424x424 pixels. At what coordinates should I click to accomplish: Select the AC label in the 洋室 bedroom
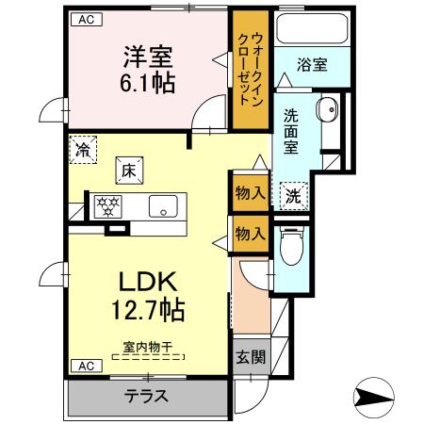[x=85, y=19]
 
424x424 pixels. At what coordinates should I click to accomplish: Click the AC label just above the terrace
[x=85, y=365]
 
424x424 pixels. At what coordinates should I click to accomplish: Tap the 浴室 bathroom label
[x=312, y=65]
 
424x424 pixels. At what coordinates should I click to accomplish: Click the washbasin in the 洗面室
[x=328, y=110]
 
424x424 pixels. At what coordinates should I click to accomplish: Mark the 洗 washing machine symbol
[x=293, y=196]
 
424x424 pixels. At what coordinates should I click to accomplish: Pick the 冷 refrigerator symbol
[x=84, y=150]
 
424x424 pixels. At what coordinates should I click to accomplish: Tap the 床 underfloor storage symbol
[x=128, y=171]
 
